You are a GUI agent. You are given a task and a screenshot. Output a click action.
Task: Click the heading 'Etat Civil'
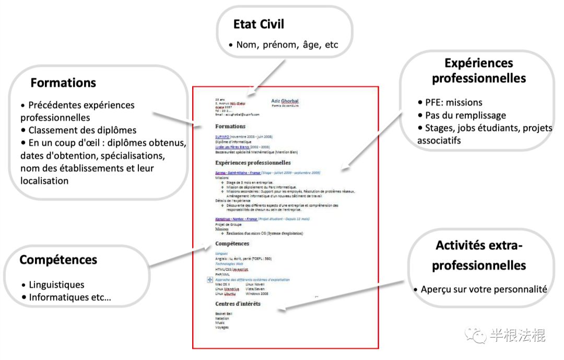(258, 24)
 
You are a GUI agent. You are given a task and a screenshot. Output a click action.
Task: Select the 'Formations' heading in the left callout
(63, 83)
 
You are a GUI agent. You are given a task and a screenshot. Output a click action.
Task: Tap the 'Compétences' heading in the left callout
(58, 259)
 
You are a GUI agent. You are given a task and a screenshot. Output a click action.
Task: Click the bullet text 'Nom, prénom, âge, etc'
(287, 45)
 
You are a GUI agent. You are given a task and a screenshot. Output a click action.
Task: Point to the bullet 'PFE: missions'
(453, 102)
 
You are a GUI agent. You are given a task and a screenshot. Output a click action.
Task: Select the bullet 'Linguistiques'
(56, 285)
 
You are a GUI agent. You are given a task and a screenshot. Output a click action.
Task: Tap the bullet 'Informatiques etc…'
(69, 297)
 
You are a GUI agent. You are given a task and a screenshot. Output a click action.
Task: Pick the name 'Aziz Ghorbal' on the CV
(285, 101)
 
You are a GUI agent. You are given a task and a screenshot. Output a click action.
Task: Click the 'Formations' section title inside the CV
(230, 126)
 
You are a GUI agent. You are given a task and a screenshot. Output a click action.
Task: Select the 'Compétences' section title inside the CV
(232, 243)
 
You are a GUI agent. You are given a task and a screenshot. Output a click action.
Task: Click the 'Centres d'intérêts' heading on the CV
(238, 304)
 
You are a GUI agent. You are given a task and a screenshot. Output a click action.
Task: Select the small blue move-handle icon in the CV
(210, 280)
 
